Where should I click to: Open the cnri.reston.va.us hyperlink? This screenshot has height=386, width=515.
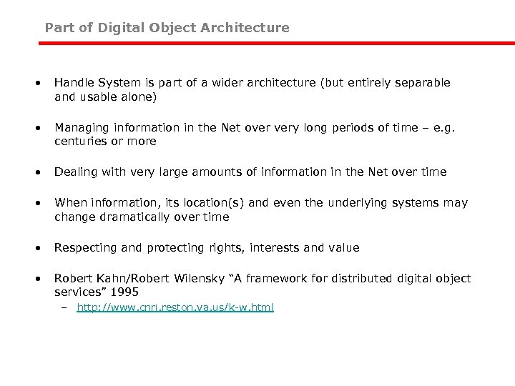click(x=175, y=307)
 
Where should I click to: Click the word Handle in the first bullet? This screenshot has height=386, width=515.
click(x=72, y=83)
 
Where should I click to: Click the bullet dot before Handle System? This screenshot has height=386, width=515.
click(x=36, y=84)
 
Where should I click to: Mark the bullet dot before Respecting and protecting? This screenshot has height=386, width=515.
click(x=36, y=248)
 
